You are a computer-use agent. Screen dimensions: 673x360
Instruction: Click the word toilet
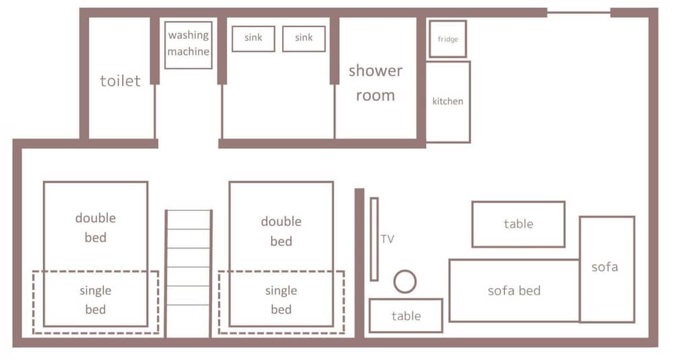click(x=120, y=81)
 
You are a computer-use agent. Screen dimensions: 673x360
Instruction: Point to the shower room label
click(x=376, y=83)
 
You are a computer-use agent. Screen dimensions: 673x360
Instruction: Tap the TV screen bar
click(x=374, y=239)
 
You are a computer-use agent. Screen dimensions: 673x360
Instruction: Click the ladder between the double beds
click(x=188, y=274)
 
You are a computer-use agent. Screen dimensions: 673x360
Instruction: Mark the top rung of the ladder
click(x=188, y=210)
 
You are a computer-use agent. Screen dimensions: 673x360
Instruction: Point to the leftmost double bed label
click(x=96, y=227)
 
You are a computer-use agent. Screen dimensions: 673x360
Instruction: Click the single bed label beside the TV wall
click(x=281, y=299)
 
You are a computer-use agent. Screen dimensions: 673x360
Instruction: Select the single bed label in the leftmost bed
click(x=96, y=299)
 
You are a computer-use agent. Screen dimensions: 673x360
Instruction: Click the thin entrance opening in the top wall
click(x=579, y=12)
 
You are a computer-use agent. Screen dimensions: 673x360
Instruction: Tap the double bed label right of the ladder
click(x=281, y=231)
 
